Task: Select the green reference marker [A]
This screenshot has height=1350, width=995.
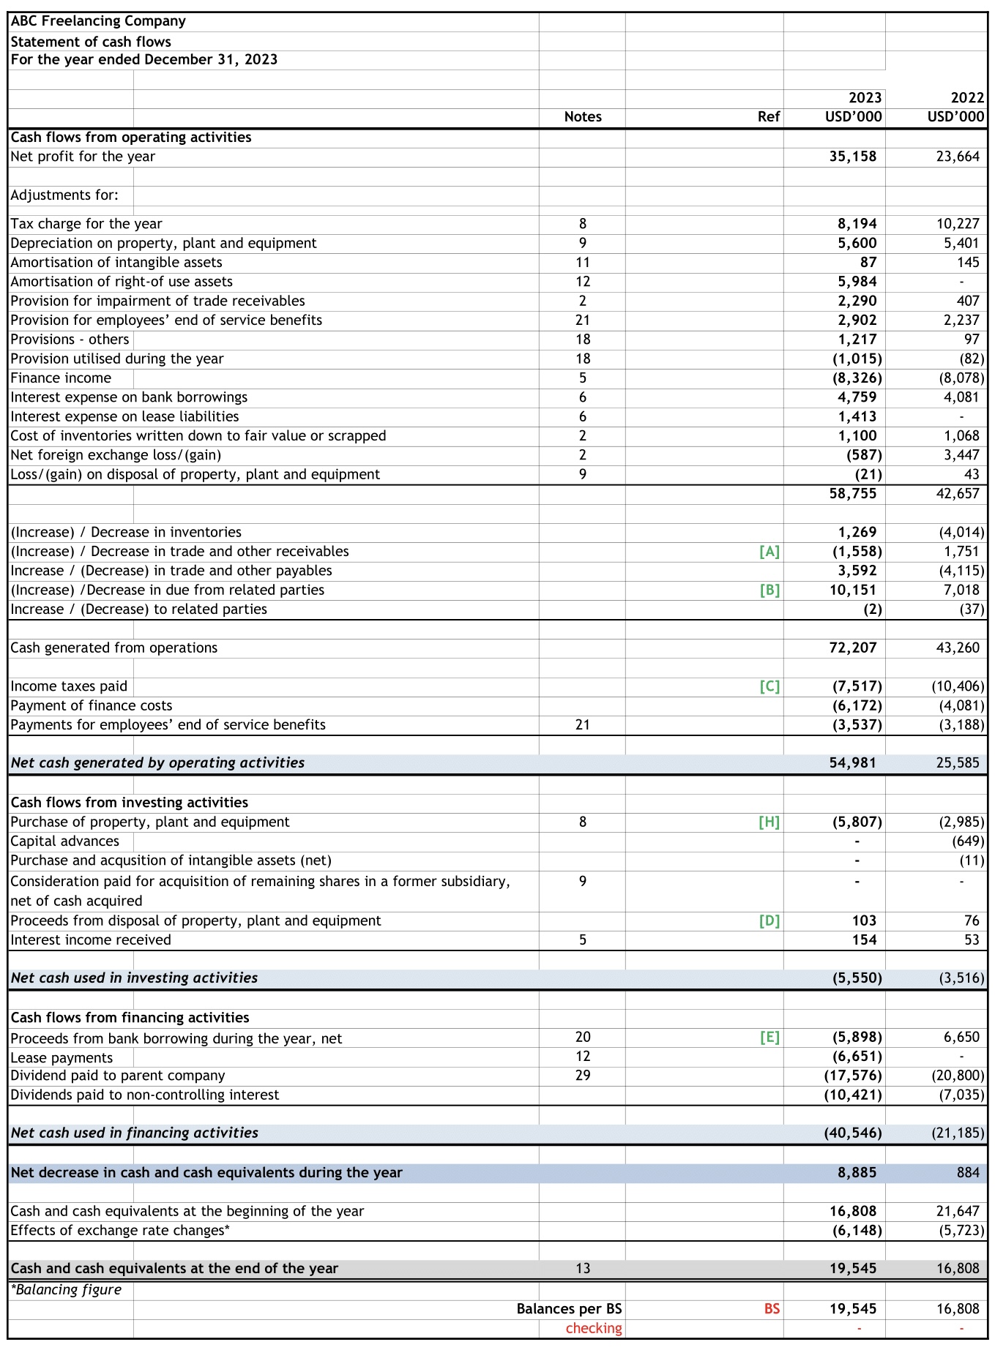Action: pyautogui.click(x=769, y=552)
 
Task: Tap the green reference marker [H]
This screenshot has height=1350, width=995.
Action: pyautogui.click(x=769, y=822)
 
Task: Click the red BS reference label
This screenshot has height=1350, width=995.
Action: pyautogui.click(x=772, y=1309)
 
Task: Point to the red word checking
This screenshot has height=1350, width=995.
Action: pyautogui.click(x=593, y=1328)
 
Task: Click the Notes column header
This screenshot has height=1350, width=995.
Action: pyautogui.click(x=583, y=117)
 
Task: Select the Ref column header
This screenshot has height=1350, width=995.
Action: pyautogui.click(x=768, y=117)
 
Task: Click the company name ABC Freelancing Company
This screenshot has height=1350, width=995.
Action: pyautogui.click(x=98, y=21)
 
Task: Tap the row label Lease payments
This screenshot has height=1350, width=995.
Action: pyautogui.click(x=62, y=1058)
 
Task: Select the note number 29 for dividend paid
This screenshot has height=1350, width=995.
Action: pyautogui.click(x=583, y=1076)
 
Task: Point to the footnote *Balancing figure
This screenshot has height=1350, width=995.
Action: pyautogui.click(x=66, y=1290)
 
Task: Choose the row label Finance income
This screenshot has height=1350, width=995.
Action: pyautogui.click(x=61, y=378)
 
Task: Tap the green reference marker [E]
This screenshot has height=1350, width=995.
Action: pyautogui.click(x=769, y=1038)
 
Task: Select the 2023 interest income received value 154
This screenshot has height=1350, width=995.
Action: pyautogui.click(x=864, y=940)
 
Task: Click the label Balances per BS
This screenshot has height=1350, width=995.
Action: pyautogui.click(x=569, y=1309)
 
